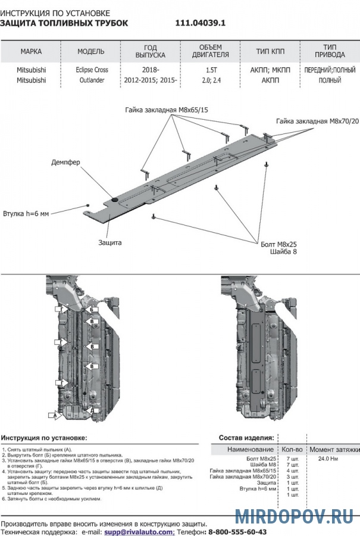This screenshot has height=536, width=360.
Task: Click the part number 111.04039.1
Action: coord(201,23)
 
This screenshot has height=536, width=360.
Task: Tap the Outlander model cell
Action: coord(91,79)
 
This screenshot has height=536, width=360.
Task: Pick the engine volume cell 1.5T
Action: coord(211,69)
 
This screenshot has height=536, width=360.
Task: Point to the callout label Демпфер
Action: coord(65,161)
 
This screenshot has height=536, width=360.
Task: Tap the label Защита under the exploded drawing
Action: coord(110,242)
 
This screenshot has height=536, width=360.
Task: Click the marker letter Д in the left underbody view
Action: coord(92,410)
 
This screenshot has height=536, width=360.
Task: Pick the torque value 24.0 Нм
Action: coord(327,459)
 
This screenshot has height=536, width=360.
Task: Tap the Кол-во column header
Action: coord(292,449)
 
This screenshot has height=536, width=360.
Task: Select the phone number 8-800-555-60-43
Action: coord(237,531)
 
